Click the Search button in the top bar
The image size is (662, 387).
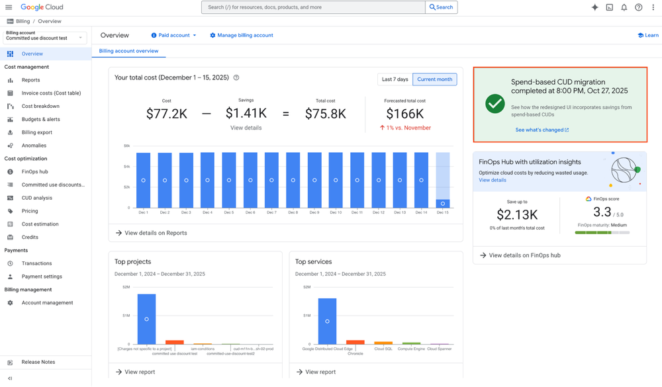click(442, 7)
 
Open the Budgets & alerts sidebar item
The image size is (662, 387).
click(40, 119)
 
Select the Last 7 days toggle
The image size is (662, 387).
click(395, 79)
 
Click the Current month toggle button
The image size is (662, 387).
click(434, 79)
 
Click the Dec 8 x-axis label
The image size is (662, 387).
click(293, 212)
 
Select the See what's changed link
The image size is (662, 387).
click(542, 130)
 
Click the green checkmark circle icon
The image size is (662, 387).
click(495, 103)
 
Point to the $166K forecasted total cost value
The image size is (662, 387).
click(404, 114)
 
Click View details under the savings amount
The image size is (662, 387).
click(246, 128)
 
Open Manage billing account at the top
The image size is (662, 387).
click(242, 35)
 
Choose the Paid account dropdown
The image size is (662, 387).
click(174, 35)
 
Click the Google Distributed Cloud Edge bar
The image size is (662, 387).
click(327, 321)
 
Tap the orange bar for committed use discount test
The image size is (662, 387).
click(175, 342)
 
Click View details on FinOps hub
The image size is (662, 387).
click(524, 255)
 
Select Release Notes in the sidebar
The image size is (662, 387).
click(38, 362)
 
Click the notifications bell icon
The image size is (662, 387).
click(624, 7)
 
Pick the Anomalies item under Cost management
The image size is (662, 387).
click(34, 146)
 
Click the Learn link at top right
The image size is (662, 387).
click(647, 35)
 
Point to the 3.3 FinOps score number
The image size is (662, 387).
click(602, 212)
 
